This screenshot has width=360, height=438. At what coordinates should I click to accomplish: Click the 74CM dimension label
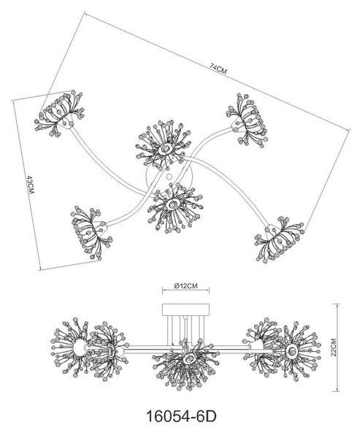point(218,69)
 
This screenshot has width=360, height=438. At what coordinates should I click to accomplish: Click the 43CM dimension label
point(30,185)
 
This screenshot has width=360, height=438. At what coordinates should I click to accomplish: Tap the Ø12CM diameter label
point(185,286)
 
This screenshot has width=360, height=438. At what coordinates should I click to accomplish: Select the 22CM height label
point(334,347)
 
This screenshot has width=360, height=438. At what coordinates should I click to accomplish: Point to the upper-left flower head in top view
point(60,113)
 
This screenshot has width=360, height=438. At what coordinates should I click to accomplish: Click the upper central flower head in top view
point(164,145)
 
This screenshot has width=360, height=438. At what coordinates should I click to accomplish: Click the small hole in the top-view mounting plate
point(169,177)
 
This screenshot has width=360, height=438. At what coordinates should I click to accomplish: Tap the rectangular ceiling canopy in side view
point(185,310)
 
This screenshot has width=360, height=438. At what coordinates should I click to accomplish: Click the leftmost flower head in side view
point(70,346)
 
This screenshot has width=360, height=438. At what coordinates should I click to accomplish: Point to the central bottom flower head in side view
point(184,363)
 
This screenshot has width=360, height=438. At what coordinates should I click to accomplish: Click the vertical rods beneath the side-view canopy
point(185,330)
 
